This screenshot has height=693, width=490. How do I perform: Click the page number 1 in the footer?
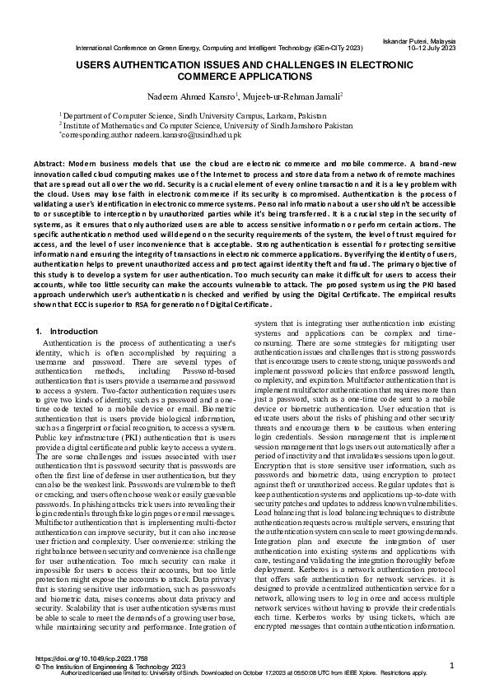click(452, 664)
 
